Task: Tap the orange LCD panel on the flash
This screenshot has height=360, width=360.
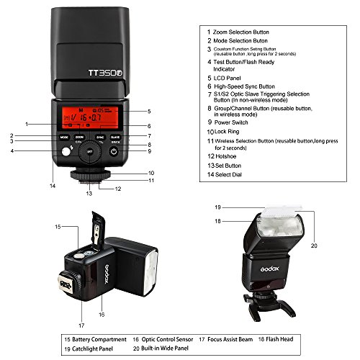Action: point(89,116)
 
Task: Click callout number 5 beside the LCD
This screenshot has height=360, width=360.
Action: point(148,112)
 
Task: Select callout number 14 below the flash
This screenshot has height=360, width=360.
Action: point(53,186)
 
